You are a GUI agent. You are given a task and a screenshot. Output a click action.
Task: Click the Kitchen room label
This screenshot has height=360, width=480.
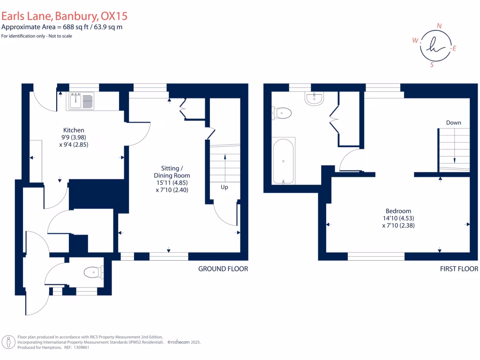(74, 130)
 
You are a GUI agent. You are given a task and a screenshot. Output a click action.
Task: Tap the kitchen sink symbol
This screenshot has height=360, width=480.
(81, 101)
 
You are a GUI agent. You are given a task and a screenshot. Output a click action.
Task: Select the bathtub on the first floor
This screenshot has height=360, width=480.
(284, 161)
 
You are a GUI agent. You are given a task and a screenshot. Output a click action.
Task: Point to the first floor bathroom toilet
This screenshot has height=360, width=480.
(282, 113)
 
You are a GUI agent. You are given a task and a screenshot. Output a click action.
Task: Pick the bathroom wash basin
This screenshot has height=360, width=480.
(314, 98)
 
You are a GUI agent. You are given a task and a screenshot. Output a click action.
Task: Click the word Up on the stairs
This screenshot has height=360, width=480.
(225, 187)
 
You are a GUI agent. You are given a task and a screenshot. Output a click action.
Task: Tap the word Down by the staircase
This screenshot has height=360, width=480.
(453, 122)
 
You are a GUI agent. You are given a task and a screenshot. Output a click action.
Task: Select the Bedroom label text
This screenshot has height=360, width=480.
(398, 211)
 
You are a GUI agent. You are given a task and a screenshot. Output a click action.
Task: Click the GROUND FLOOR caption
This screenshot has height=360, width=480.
(223, 269)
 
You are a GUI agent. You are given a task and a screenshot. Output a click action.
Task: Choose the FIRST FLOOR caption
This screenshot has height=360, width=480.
(459, 269)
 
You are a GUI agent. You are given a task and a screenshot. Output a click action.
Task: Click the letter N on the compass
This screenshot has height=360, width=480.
(439, 26)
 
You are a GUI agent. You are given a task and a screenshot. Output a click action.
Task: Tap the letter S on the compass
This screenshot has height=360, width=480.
(432, 65)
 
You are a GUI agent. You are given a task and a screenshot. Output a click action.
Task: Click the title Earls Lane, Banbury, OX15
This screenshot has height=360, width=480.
(64, 16)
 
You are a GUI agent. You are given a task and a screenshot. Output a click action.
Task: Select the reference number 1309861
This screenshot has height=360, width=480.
(82, 347)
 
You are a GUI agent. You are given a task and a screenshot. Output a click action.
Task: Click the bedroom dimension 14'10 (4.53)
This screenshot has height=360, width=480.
(398, 218)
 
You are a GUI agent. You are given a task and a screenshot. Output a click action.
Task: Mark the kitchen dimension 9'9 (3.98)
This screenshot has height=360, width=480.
(74, 137)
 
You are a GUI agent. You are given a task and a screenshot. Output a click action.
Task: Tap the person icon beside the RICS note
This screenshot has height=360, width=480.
(8, 342)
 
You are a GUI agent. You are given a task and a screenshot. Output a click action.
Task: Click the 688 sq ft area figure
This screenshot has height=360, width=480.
(75, 27)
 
